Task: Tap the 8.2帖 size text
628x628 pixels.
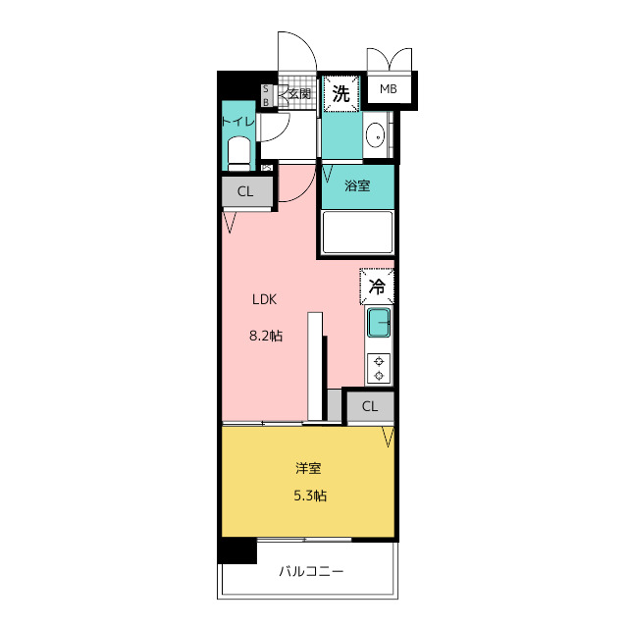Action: coord(265,336)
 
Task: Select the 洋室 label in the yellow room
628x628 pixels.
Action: coord(309,468)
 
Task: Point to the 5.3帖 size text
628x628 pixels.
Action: coord(309,496)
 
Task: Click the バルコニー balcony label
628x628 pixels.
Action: coord(311,570)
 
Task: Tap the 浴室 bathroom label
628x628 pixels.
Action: coord(357,185)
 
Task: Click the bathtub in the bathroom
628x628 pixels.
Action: coord(357,234)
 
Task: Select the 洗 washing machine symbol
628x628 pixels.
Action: coord(340,94)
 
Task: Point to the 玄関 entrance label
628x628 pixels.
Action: coord(299,94)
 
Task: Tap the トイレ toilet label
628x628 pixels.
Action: coord(237,121)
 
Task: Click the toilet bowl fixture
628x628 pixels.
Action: coord(238,152)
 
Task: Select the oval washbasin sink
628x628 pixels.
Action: coord(375,136)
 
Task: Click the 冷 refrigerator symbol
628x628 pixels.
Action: coord(377,288)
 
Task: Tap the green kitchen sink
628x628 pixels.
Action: coord(379,322)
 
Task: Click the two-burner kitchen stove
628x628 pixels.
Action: coord(379,368)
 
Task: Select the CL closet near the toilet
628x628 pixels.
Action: coord(245,191)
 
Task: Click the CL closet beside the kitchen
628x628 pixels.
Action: coord(369,406)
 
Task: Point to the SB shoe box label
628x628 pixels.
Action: coord(265,95)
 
